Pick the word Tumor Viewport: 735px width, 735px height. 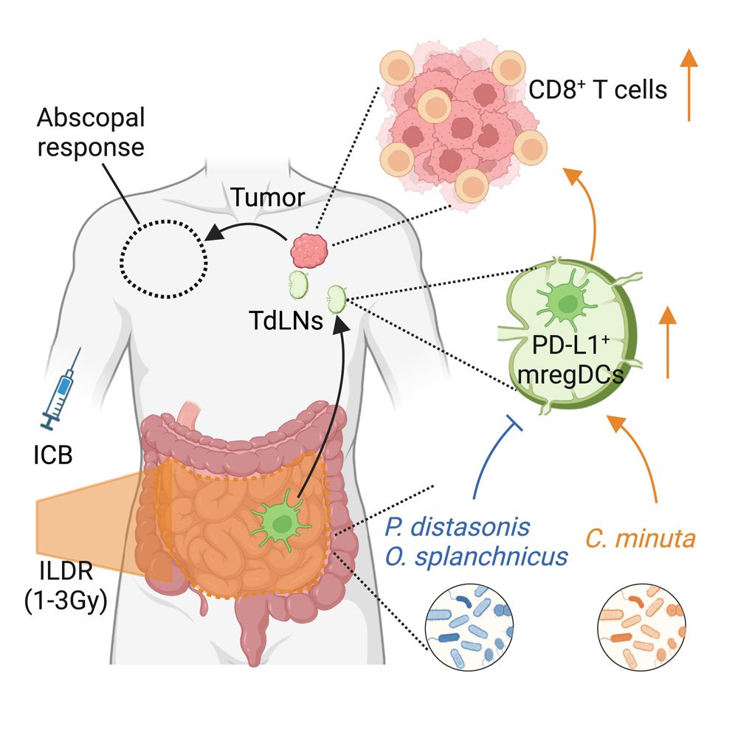point(256,197)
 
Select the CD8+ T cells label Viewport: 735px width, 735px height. point(598,90)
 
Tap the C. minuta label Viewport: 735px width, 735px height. point(641,539)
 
